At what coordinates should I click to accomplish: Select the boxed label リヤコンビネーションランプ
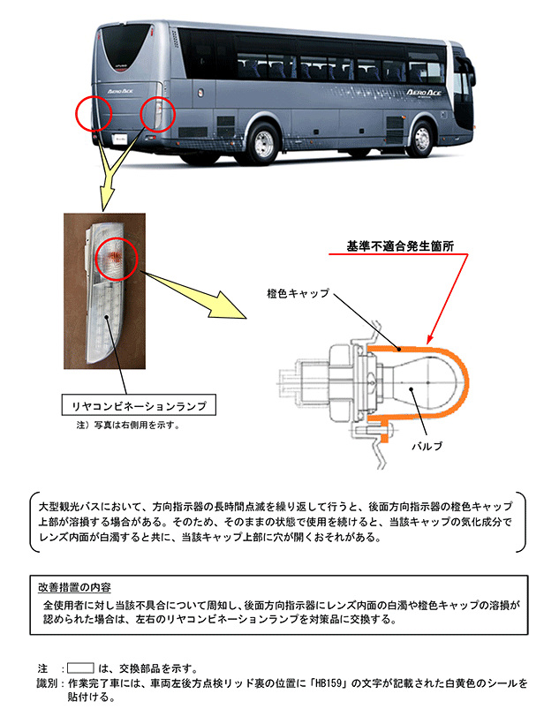(x=139, y=406)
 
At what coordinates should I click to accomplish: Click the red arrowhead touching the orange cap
(x=429, y=340)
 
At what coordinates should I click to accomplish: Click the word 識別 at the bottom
(x=46, y=683)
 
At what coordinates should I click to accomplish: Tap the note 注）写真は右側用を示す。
(x=129, y=426)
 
